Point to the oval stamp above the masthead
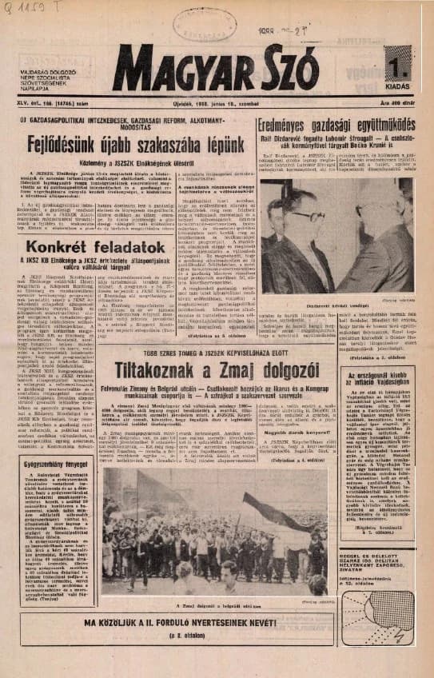point(204,22)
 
